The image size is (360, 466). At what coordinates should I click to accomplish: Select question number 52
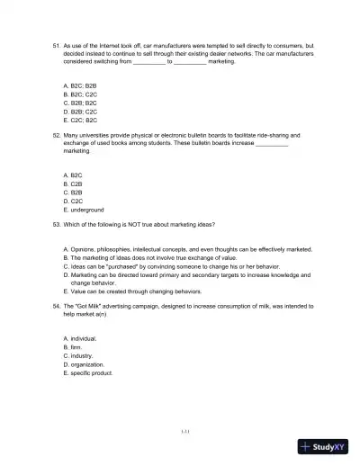57,134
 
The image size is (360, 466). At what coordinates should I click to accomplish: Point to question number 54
57,306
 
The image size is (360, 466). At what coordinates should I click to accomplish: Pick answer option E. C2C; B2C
80,119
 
